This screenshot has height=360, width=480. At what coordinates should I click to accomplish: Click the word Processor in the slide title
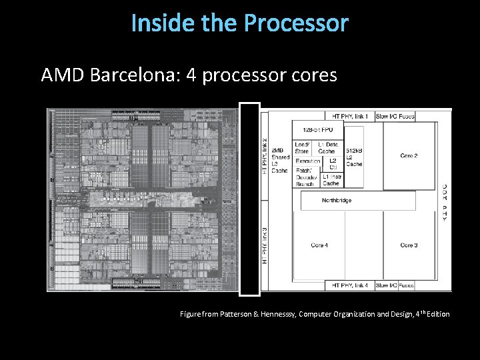[x=296, y=23]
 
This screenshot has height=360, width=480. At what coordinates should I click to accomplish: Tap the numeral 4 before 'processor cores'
[x=191, y=75]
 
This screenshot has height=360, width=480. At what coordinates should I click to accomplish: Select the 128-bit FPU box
[x=317, y=129]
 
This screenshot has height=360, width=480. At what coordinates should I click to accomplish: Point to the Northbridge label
[x=337, y=200]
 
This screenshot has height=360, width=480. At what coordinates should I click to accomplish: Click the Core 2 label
[x=409, y=156]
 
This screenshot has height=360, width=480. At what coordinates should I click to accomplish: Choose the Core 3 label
[x=409, y=245]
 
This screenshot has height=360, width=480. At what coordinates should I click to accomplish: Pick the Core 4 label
[x=319, y=245]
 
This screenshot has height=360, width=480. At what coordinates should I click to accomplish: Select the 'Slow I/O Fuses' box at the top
[x=395, y=116]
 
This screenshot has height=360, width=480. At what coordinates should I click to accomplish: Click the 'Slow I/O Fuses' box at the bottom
[x=395, y=285]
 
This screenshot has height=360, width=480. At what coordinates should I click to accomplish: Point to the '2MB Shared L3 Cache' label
[x=281, y=157]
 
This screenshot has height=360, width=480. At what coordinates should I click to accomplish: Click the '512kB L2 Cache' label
[x=354, y=157]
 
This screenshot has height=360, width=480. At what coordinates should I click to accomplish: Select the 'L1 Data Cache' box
[x=327, y=147]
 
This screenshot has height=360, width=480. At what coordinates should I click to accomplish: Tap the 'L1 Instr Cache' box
[x=331, y=179]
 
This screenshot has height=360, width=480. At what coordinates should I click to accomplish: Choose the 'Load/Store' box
[x=302, y=147]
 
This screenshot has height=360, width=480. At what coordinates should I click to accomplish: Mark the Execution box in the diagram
[x=307, y=161]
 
